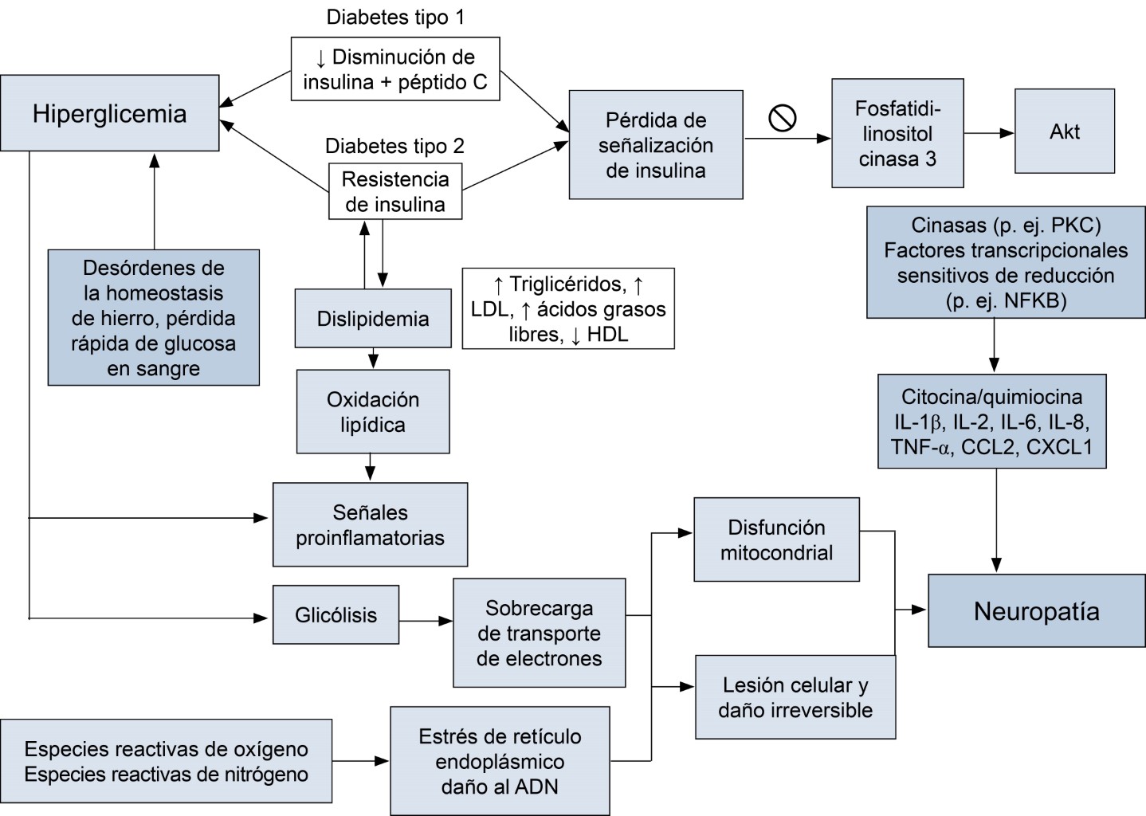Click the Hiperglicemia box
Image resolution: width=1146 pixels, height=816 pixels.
coord(110,113)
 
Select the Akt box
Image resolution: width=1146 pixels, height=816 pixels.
coord(1064,131)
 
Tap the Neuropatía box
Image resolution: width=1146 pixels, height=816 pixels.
coord(1036,611)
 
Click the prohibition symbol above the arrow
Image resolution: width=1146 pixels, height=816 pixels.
coord(783,118)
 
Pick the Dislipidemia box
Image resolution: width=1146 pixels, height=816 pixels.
coord(373,319)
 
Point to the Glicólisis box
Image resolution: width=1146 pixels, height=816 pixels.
coord(336,615)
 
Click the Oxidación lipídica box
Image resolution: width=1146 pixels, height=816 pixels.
coord(373,411)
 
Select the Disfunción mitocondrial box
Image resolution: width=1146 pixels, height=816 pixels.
coord(776,539)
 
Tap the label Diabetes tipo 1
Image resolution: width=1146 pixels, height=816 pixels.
coord(395,18)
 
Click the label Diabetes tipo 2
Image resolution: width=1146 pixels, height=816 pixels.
coord(394,147)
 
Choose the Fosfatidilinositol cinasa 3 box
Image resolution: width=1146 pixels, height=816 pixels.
coord(897,133)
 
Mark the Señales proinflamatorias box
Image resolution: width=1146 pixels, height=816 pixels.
coord(370,524)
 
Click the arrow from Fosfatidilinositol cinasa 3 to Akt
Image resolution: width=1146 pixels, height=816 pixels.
coord(988,133)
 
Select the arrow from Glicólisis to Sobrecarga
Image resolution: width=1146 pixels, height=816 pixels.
coord(426,620)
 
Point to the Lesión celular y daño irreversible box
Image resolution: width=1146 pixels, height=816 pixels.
coord(795,697)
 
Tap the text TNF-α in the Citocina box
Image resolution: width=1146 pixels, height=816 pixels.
coord(920,447)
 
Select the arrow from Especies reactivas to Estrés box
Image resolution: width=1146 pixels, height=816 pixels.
coord(360,761)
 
